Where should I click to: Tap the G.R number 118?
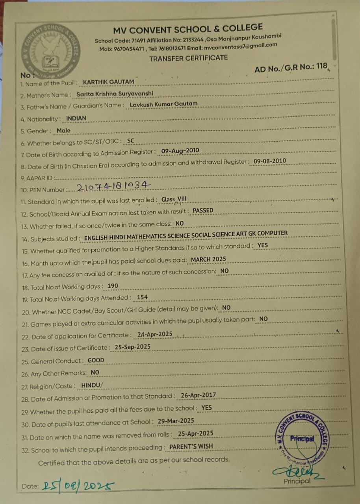tap(321, 66)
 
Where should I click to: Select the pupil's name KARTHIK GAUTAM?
tap(108, 82)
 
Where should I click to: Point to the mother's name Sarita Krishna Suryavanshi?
tap(115, 94)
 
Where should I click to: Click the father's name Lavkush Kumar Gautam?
tap(163, 104)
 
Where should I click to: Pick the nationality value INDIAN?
tap(76, 118)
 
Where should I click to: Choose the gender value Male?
tap(63, 130)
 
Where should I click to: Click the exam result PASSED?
tap(203, 211)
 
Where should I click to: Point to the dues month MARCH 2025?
tap(208, 259)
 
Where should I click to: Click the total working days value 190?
tap(112, 286)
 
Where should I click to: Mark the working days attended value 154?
tap(142, 298)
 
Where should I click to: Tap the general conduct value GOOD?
tap(96, 360)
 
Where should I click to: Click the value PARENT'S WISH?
tap(191, 447)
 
